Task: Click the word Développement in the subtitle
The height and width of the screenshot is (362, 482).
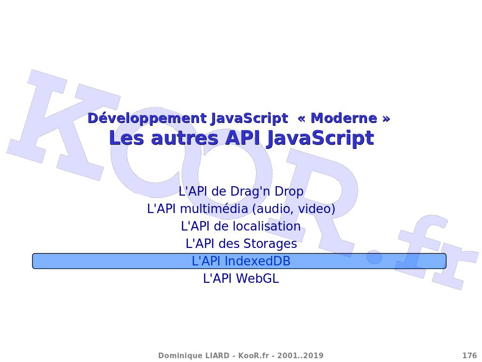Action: pyautogui.click(x=147, y=118)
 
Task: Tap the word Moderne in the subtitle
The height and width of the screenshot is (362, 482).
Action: pyautogui.click(x=344, y=118)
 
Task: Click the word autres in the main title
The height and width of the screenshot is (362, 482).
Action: pyautogui.click(x=185, y=138)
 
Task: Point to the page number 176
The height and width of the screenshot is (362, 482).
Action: pyautogui.click(x=469, y=355)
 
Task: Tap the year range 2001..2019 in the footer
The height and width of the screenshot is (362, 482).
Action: pyautogui.click(x=300, y=355)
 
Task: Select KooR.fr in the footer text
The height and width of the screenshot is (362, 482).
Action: pyautogui.click(x=254, y=355)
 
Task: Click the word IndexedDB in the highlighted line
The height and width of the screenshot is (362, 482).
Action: pyautogui.click(x=257, y=261)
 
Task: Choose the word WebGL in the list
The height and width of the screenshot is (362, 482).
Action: pyautogui.click(x=257, y=279)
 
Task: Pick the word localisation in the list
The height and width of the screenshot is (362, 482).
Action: pyautogui.click(x=266, y=226)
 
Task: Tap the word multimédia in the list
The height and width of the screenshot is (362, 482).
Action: pyautogui.click(x=214, y=209)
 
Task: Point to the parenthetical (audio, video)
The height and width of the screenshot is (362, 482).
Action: pyautogui.click(x=294, y=209)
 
